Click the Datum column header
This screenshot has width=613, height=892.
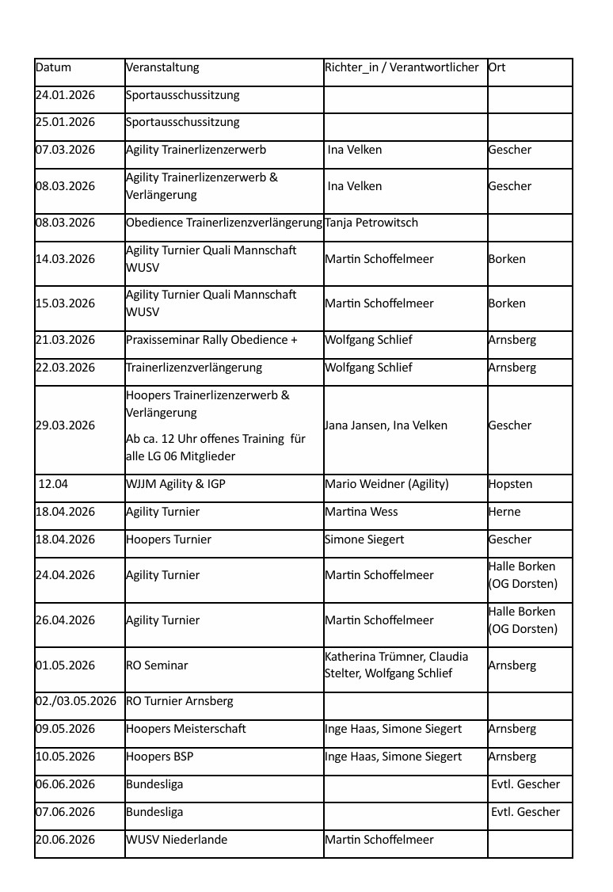53,68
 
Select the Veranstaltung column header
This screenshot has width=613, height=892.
162,68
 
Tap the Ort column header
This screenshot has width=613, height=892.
497,68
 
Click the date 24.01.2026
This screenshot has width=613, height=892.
65,96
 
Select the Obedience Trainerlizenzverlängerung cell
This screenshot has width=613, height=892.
224,223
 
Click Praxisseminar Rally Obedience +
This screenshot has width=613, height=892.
211,341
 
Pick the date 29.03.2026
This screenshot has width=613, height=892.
65,426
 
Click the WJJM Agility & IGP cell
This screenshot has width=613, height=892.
176,484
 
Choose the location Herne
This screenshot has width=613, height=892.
504,513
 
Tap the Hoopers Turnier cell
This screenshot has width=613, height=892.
169,540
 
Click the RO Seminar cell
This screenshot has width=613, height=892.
157,666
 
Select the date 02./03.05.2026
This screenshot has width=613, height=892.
76,702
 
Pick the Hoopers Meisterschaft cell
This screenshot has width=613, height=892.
186,730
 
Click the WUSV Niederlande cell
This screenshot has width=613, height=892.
177,841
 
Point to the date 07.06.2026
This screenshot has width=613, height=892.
65,813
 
